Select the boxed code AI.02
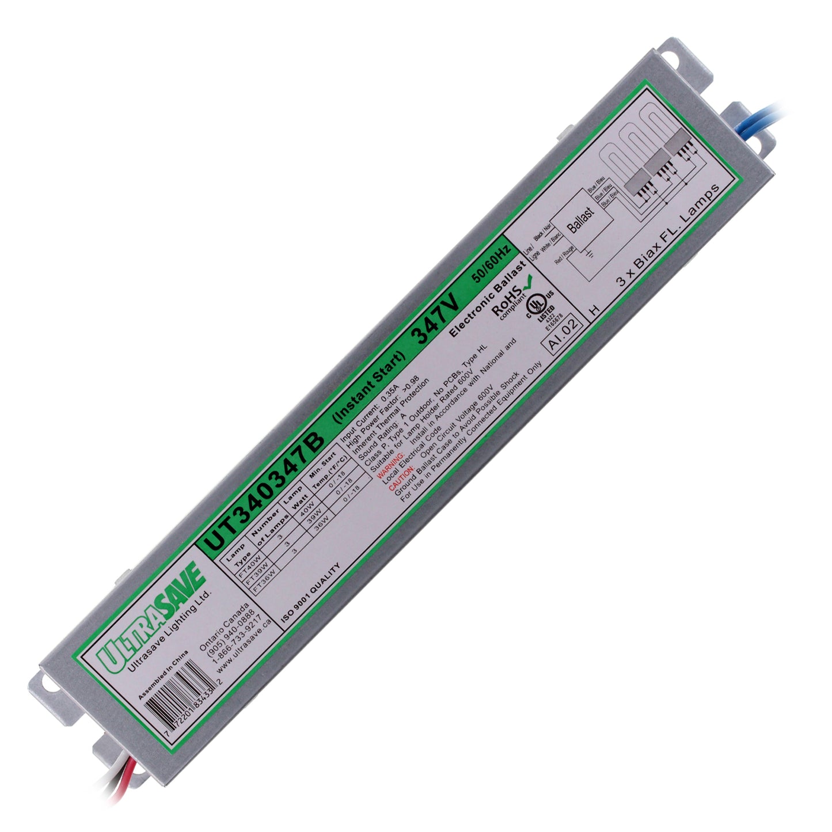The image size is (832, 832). click(563, 335)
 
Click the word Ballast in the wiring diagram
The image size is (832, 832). click(580, 219)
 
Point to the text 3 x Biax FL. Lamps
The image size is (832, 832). click(668, 236)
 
